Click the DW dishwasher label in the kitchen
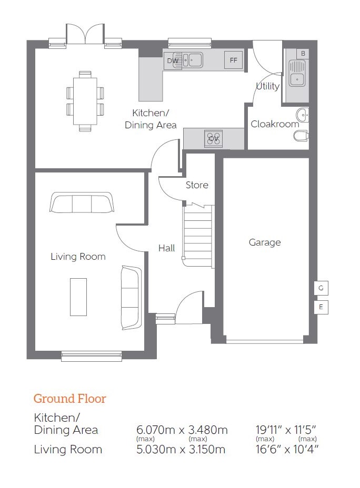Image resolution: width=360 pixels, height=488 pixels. (x=173, y=60)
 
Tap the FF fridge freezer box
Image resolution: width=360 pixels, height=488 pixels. (x=233, y=60)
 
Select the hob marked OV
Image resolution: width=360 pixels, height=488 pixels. (x=214, y=138)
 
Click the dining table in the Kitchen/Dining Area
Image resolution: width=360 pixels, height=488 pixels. (x=85, y=101)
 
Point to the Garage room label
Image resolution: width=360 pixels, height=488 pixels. (x=265, y=242)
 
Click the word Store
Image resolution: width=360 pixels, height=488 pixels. (x=197, y=185)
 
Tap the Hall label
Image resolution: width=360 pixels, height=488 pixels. (x=167, y=248)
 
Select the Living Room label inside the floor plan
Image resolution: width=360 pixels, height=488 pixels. (x=78, y=257)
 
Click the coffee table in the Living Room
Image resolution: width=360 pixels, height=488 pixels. (x=78, y=297)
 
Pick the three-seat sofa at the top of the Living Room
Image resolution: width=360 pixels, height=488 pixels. (x=82, y=202)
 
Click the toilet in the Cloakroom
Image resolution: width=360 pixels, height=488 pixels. (x=301, y=136)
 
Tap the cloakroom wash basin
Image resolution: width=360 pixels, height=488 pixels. (x=302, y=115)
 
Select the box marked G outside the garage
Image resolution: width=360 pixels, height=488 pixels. (x=321, y=288)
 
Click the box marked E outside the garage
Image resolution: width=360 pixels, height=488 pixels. (x=321, y=307)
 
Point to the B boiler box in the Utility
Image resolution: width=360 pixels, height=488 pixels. (x=303, y=54)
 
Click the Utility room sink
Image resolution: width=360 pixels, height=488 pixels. (x=297, y=74)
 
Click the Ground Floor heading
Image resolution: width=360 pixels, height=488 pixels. (x=70, y=399)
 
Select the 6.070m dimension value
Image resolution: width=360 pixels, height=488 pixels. (x=156, y=430)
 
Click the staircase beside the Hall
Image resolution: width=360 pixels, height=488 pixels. (x=198, y=236)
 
